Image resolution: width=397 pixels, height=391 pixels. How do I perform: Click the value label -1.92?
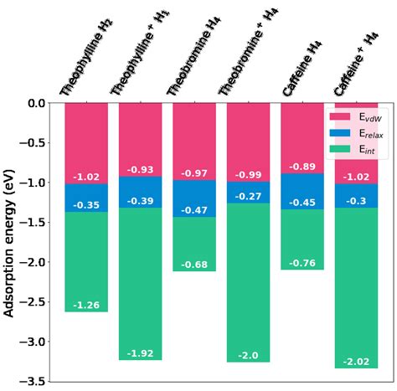(140, 353)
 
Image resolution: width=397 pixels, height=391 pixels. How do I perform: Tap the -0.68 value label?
(194, 265)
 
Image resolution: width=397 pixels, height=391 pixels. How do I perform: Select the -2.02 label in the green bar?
(356, 361)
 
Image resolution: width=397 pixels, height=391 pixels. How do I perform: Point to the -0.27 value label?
(248, 196)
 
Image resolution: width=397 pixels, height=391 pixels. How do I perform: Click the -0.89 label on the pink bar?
(302, 167)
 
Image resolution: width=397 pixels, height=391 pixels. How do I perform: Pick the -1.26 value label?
(86, 305)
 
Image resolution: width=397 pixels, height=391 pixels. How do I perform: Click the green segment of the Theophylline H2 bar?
(86, 260)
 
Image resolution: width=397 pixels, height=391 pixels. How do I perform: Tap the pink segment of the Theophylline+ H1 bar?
(140, 134)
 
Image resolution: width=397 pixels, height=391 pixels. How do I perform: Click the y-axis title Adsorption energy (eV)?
(11, 242)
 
